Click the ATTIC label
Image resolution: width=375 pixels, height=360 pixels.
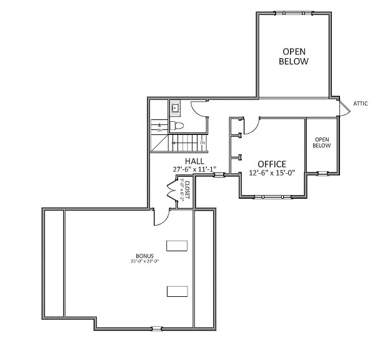point(361,104)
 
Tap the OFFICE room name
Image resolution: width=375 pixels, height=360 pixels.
point(271,164)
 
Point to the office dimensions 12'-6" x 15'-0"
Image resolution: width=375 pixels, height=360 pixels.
point(272,173)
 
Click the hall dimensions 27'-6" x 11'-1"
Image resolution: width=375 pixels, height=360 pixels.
point(194,169)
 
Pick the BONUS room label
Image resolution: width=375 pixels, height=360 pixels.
point(144,256)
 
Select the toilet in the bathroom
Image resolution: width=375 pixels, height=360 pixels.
point(177,126)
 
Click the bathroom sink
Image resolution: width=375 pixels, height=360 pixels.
point(176,109)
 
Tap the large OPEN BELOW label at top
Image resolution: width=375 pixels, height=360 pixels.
point(294,56)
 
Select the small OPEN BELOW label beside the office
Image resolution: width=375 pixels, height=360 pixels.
point(321,142)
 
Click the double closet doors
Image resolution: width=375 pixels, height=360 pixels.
point(172,188)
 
